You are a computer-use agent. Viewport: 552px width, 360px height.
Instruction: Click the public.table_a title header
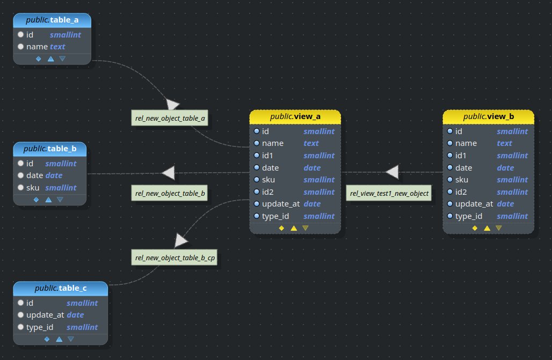52,20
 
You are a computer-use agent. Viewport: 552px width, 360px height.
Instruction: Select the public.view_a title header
295,117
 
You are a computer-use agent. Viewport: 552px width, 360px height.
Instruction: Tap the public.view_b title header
488,117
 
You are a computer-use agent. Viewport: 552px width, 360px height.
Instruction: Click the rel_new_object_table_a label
170,118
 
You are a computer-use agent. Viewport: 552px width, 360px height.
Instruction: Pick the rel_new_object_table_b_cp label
175,258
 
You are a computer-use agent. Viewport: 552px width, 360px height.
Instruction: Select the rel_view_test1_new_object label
389,193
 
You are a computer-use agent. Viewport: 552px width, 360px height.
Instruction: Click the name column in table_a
37,47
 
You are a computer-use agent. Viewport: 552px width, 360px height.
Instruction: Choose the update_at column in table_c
45,315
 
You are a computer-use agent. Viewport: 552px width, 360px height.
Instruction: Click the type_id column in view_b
469,216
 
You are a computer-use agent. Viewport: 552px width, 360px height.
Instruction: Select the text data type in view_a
311,143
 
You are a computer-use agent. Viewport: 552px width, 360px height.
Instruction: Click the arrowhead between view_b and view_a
393,172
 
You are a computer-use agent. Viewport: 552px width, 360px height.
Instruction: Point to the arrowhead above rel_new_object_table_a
172,104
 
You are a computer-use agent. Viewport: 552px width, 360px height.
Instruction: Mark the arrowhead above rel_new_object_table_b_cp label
181,240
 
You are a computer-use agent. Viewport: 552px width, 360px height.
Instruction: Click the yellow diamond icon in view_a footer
281,228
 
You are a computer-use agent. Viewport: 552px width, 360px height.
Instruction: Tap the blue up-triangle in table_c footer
59,339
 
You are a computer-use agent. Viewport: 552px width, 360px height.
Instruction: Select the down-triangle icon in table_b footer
60,200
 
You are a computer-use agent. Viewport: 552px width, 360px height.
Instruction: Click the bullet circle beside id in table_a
20,35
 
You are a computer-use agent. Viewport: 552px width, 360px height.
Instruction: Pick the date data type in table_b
54,175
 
